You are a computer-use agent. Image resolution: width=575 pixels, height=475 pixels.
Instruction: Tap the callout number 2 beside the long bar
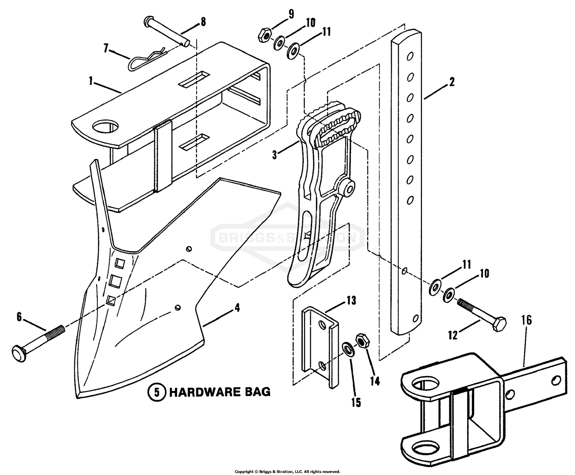tap(452, 82)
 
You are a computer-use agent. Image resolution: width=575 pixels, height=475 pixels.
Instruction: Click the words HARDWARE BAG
tap(220, 392)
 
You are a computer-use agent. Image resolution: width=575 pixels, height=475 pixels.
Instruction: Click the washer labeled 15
tap(347, 348)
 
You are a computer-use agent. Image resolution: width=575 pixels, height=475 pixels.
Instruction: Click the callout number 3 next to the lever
tap(274, 155)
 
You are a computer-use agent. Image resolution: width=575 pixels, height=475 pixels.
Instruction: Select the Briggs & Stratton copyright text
tap(287, 472)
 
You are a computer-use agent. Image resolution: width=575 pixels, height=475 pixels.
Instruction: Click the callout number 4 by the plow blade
tap(237, 307)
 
